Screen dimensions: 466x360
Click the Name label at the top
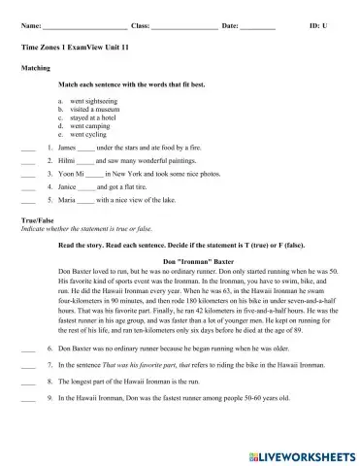(30, 19)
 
